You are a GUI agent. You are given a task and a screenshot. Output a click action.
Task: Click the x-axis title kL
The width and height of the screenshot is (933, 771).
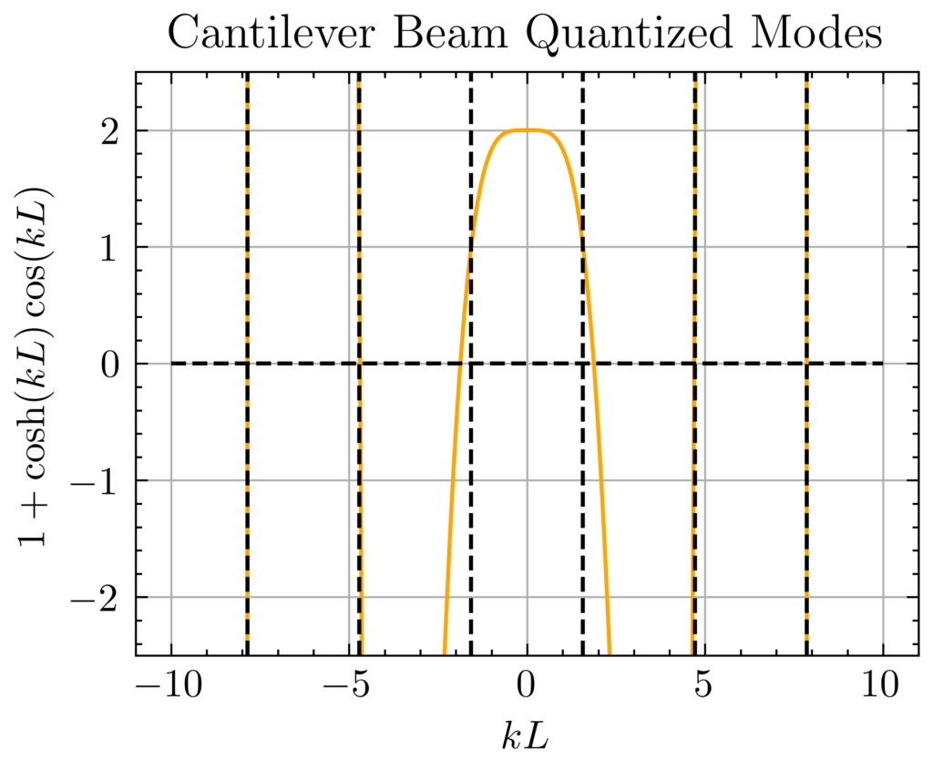pyautogui.click(x=526, y=735)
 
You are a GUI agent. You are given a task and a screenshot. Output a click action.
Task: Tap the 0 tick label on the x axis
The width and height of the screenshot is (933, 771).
pyautogui.click(x=527, y=684)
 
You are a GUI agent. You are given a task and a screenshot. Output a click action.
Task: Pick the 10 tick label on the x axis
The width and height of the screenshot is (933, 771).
pyautogui.click(x=882, y=684)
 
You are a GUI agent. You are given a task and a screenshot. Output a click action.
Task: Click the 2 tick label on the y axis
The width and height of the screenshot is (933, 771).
pyautogui.click(x=112, y=130)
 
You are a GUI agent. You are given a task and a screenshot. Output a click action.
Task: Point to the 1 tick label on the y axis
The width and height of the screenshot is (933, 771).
pyautogui.click(x=112, y=247)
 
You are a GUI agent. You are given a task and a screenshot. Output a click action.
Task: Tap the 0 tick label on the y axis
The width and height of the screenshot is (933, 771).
pyautogui.click(x=112, y=364)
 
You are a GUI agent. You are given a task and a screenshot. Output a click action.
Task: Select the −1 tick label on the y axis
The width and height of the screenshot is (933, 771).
pyautogui.click(x=103, y=480)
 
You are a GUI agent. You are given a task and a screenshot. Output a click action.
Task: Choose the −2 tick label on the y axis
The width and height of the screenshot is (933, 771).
pyautogui.click(x=103, y=597)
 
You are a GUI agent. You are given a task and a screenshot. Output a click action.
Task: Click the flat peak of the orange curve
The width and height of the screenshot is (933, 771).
pyautogui.click(x=527, y=130)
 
